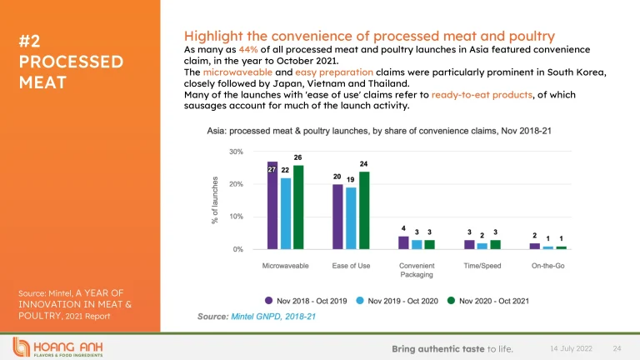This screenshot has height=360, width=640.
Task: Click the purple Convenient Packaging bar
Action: [403, 242]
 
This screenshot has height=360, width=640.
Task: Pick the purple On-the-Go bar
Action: [534, 246]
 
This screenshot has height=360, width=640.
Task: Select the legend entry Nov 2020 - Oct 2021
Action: [488, 300]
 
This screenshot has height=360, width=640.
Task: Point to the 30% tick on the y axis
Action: [236, 152]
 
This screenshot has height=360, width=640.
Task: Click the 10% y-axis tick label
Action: [236, 217]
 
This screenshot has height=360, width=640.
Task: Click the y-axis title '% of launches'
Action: [215, 200]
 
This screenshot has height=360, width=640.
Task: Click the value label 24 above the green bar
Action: [363, 163]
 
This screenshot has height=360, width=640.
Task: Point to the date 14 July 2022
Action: [570, 347]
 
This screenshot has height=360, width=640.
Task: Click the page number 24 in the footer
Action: [617, 347]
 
